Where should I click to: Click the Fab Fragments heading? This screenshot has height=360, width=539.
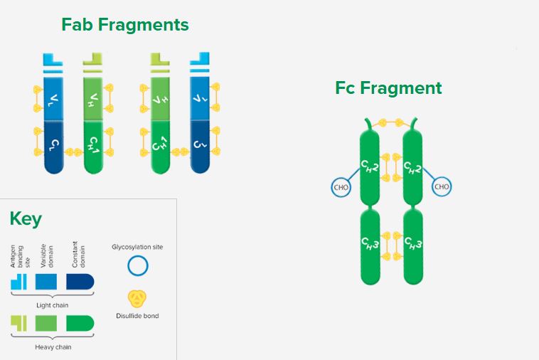pos(125,25)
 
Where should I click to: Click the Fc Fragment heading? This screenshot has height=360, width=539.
pos(388,88)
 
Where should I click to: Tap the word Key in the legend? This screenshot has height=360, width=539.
pos(26,218)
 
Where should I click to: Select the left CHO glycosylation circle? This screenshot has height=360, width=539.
pos(341,187)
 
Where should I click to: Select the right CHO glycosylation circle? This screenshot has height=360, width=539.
pos(442,186)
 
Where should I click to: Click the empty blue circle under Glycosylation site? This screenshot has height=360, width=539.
pos(137,266)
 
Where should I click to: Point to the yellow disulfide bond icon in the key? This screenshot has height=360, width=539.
pos(137,299)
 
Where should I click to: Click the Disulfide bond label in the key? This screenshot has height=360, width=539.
pos(137,316)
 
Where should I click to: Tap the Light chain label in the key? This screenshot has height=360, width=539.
pos(52,305)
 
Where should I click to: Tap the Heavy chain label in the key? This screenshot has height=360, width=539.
pos(53,347)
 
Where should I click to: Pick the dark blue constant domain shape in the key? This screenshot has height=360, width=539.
pos(80,282)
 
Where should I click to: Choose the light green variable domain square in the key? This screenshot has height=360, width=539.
pos(46,324)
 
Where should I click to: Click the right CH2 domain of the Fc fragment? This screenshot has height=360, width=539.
pos(412,166)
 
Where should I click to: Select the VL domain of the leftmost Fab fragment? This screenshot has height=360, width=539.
pos(53,99)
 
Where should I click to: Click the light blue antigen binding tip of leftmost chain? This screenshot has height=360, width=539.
pos(53,60)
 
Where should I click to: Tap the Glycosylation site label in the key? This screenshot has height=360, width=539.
pos(137,247)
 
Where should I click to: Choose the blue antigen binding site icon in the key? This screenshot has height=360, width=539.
pos(18,282)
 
